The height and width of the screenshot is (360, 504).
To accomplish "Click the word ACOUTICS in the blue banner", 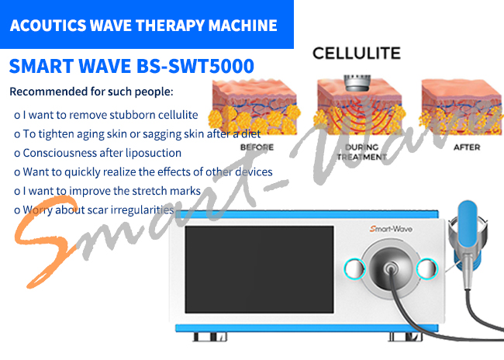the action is point(48,26).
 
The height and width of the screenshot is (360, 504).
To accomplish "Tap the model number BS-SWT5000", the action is point(195,66).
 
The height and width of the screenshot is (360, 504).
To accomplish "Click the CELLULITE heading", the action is point(357,54).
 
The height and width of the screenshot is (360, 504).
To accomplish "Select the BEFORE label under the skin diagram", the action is point(257,147).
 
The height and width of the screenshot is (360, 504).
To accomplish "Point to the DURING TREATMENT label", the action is point(361,152).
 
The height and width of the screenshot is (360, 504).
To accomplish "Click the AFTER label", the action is point(467,147).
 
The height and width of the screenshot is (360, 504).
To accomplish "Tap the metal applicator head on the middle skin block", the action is point(357,82).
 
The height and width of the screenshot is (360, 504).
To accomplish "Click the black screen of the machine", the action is point(259,269).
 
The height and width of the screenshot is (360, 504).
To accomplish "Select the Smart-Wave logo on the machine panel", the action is point(391,229).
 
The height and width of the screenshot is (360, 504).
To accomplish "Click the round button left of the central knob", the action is point(354,268).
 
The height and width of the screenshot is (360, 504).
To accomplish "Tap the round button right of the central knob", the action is point(427,268).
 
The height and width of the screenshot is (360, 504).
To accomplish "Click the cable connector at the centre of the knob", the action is point(390,267).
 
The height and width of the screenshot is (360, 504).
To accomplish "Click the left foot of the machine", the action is point(210,337).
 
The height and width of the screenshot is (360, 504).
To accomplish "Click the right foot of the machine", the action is point(406,337).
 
